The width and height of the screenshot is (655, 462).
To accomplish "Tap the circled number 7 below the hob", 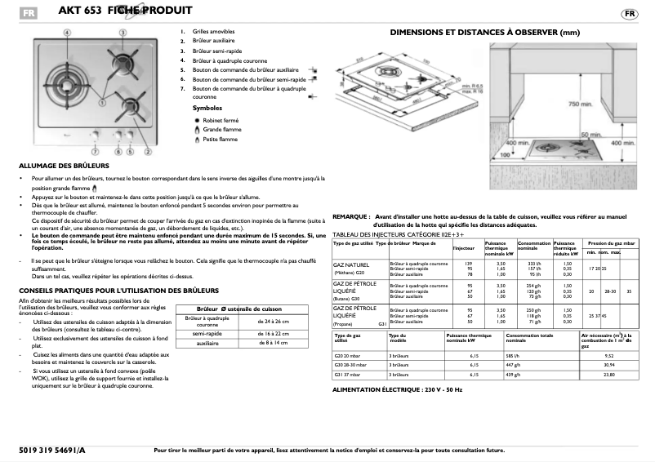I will click(95, 152).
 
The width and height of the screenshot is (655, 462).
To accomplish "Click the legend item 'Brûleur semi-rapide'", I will click(215, 51).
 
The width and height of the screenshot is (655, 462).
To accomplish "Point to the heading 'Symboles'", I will click(207, 108).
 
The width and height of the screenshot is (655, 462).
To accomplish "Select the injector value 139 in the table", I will click(470, 263).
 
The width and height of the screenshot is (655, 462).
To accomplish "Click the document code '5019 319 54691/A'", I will click(51, 450).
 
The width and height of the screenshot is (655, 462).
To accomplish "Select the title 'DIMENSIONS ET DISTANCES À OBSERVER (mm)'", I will click(484, 33).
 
